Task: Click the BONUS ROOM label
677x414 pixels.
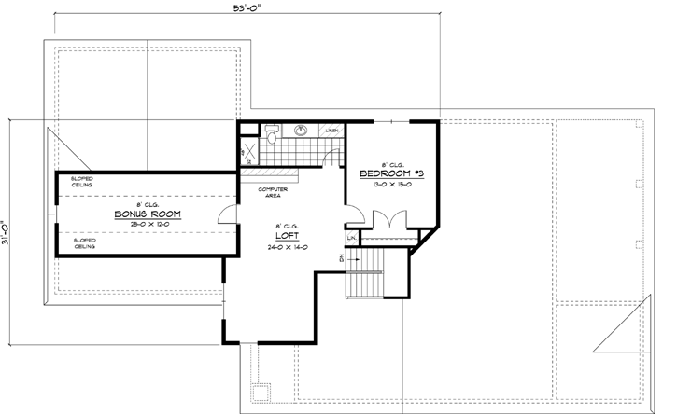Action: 148,214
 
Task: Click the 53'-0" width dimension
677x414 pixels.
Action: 249,9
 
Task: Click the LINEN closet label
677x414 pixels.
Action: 331,131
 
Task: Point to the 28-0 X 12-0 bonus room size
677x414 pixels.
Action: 148,224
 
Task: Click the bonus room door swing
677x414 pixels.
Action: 226,215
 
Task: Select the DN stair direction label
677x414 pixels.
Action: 344,257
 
